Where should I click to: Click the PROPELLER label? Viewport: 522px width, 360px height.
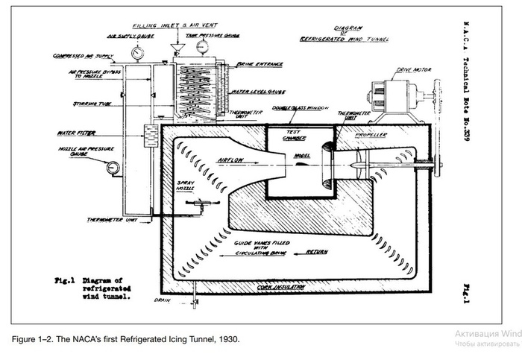(369, 136)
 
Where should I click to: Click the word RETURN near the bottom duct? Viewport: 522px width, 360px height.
(317, 253)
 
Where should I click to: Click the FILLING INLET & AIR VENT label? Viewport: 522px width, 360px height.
(179, 25)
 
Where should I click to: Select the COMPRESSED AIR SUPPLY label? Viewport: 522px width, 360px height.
(82, 55)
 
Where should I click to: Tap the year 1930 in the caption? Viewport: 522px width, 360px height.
(228, 339)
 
